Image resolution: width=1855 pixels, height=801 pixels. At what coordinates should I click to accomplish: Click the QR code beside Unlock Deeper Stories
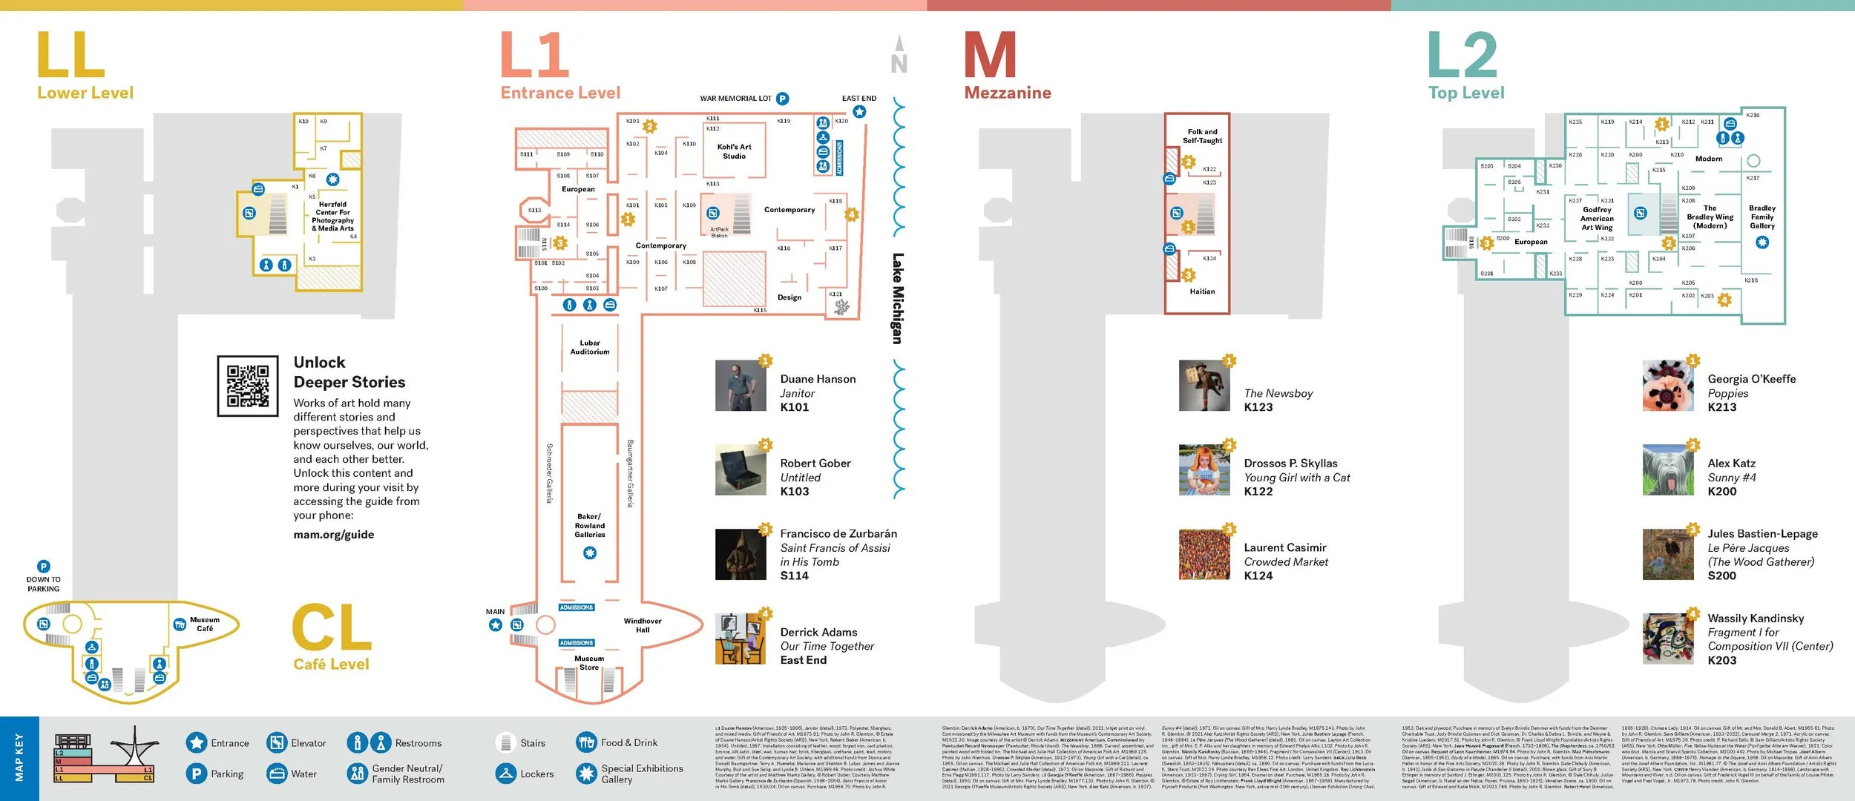[248, 386]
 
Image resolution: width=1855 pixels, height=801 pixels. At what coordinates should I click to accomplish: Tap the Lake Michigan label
[898, 298]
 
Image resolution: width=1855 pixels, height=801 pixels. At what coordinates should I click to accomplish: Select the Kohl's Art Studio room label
[734, 151]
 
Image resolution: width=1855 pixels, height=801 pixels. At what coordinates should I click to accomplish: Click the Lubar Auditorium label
[590, 347]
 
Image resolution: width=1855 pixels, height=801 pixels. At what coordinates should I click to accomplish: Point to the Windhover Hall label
[643, 625]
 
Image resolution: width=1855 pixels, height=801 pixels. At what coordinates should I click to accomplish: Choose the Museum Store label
[589, 663]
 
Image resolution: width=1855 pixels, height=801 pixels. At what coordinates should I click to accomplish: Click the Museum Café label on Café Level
[205, 624]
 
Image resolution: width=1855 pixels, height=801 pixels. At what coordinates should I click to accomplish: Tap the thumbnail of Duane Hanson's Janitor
[741, 386]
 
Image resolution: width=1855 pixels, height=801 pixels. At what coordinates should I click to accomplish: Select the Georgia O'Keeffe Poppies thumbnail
[1668, 386]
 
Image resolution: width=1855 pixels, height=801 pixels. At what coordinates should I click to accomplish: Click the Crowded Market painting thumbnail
[1204, 554]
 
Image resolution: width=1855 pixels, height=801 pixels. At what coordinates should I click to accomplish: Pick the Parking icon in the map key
[196, 774]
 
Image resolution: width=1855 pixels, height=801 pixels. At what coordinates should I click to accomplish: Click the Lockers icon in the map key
[506, 774]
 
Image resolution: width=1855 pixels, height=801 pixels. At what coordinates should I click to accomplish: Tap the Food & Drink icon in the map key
[586, 742]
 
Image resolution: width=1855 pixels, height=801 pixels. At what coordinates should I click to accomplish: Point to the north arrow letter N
[899, 64]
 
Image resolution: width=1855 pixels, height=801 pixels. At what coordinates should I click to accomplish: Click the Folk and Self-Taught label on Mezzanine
[1202, 136]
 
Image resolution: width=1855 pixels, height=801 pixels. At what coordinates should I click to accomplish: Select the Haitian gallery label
[1202, 291]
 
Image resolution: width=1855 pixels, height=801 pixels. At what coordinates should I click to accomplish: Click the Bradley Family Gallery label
[1762, 217]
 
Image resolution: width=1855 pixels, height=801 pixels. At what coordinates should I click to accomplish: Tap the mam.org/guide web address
[334, 535]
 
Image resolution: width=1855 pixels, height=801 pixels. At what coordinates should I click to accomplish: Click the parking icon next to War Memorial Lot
[782, 99]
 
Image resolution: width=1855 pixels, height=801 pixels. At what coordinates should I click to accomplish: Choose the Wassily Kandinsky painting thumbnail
[1668, 639]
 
